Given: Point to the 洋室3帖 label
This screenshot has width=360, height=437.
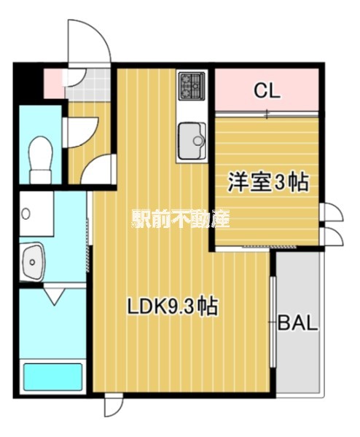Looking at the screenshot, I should coord(267,182).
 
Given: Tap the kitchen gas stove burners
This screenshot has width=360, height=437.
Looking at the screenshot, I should coord(193,86).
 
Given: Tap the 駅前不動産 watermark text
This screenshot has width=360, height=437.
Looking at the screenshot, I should coord(180,218).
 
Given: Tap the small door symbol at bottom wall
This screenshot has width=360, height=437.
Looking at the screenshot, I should coord(113,406).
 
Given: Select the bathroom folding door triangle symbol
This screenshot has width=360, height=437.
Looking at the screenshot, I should coord(54,296).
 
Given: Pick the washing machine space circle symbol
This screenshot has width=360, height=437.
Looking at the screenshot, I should coord(26,214).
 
